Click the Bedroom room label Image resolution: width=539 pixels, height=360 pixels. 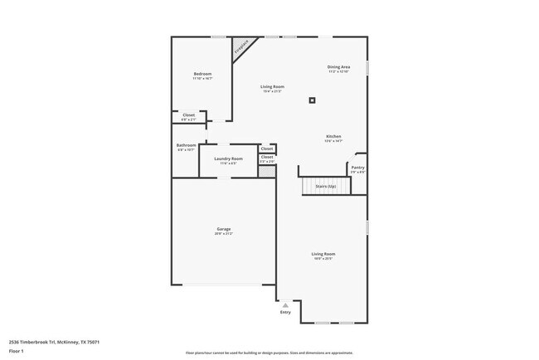202,74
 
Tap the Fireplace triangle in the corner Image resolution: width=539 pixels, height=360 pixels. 241,46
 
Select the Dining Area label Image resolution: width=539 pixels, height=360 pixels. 338,66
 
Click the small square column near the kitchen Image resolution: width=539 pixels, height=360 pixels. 312,100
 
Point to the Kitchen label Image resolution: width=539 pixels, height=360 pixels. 333,136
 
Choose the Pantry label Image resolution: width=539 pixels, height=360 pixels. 357,167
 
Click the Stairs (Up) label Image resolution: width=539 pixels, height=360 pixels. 326,186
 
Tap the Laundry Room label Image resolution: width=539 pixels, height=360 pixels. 228,158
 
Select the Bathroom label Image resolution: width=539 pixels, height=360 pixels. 186,145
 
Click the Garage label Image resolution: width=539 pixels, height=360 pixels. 224,229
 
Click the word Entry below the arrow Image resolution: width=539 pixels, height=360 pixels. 286,313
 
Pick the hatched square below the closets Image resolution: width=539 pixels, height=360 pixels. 266,170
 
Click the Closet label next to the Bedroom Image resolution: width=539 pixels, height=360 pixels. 189,115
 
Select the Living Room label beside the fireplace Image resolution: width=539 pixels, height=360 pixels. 273,86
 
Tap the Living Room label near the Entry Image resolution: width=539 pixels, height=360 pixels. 323,254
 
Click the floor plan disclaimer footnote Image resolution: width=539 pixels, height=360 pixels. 269,352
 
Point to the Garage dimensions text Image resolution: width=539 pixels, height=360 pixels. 224,234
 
